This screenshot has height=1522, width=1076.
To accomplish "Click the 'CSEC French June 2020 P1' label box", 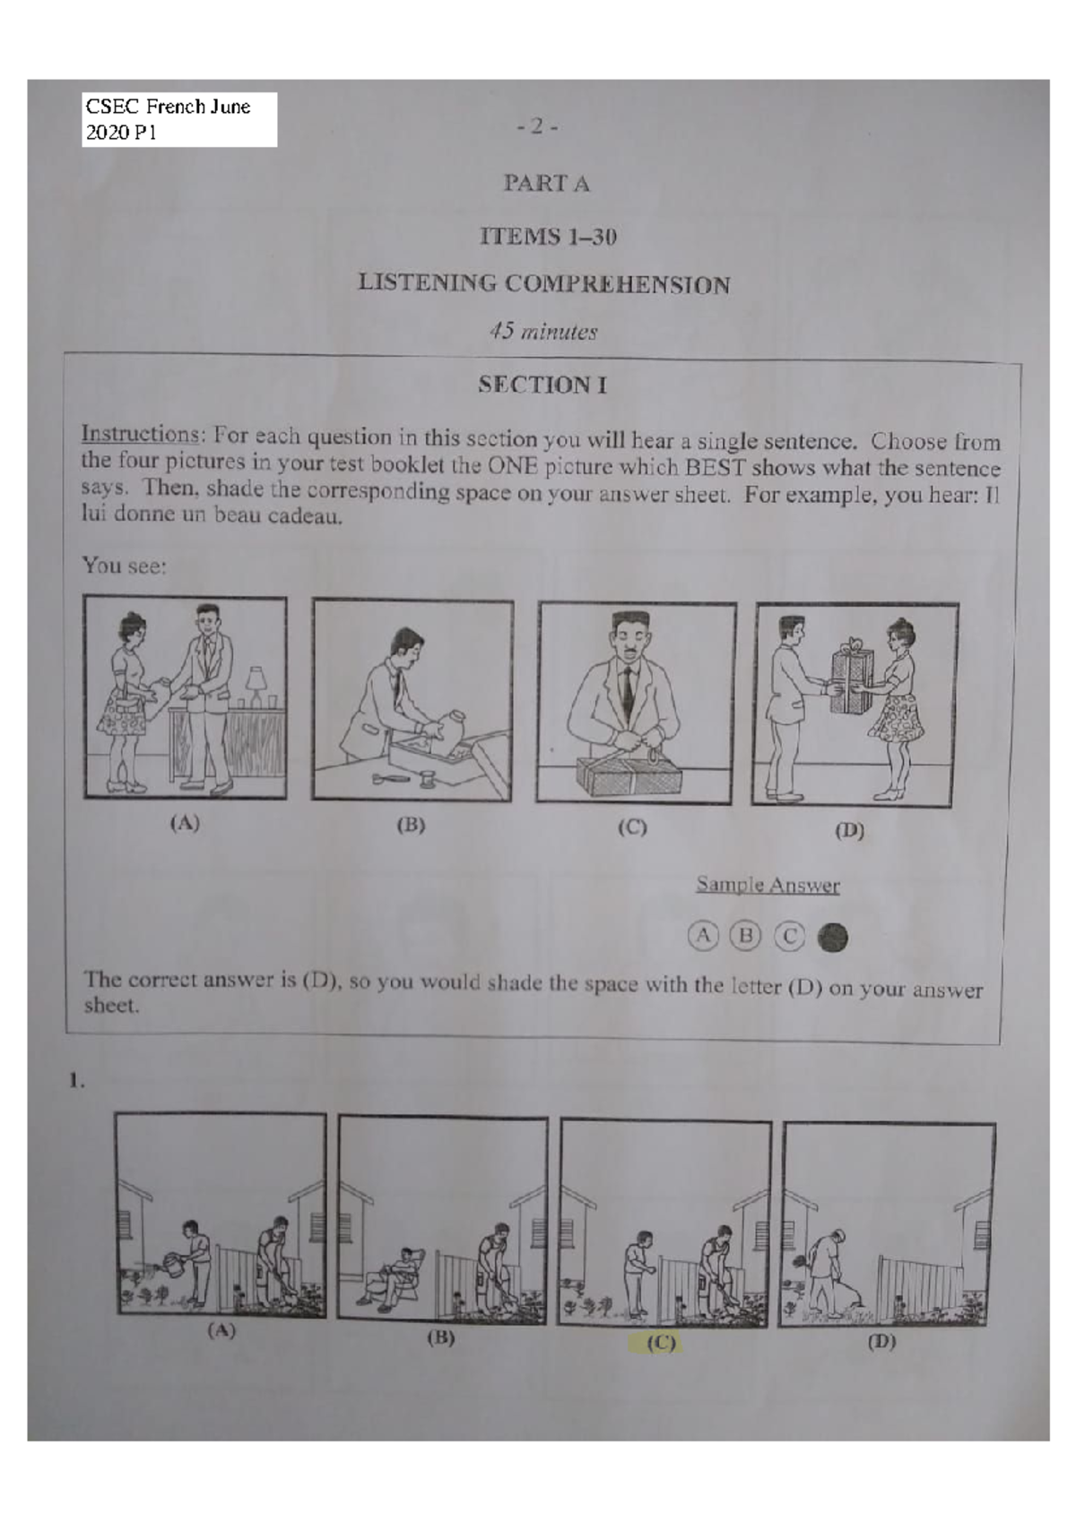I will click(x=178, y=119).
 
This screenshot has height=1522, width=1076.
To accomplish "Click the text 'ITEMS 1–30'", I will click(x=548, y=238).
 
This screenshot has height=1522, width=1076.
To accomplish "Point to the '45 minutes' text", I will click(x=542, y=332).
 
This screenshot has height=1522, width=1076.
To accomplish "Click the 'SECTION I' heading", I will click(x=542, y=385).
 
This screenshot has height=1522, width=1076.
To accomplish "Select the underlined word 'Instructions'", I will click(x=139, y=435).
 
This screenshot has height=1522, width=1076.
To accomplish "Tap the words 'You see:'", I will click(x=124, y=566).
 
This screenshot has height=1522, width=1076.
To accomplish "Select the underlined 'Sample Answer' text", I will click(x=768, y=886).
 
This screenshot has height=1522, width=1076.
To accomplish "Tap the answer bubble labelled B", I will click(x=744, y=937).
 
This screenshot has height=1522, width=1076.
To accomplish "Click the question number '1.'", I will click(x=77, y=1081).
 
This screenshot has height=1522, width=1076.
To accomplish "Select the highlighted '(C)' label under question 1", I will click(x=661, y=1344).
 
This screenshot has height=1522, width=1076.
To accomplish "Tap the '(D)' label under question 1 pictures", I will click(x=881, y=1343).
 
